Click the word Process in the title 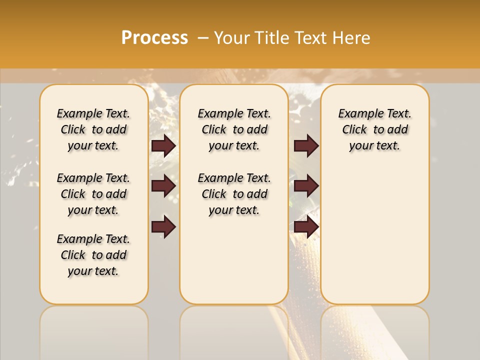pos(154,38)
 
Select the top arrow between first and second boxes pos(163,145)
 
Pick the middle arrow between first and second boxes pos(163,186)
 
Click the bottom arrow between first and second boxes pos(163,226)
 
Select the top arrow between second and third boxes pos(306,145)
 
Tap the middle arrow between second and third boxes pos(306,186)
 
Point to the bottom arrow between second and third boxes pos(306,226)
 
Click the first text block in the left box pos(93,129)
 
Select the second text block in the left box pos(93,194)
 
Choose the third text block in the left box pos(93,255)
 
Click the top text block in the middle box pos(234,129)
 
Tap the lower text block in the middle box pos(234,194)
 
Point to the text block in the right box pos(375,129)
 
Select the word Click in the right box pos(354,130)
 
